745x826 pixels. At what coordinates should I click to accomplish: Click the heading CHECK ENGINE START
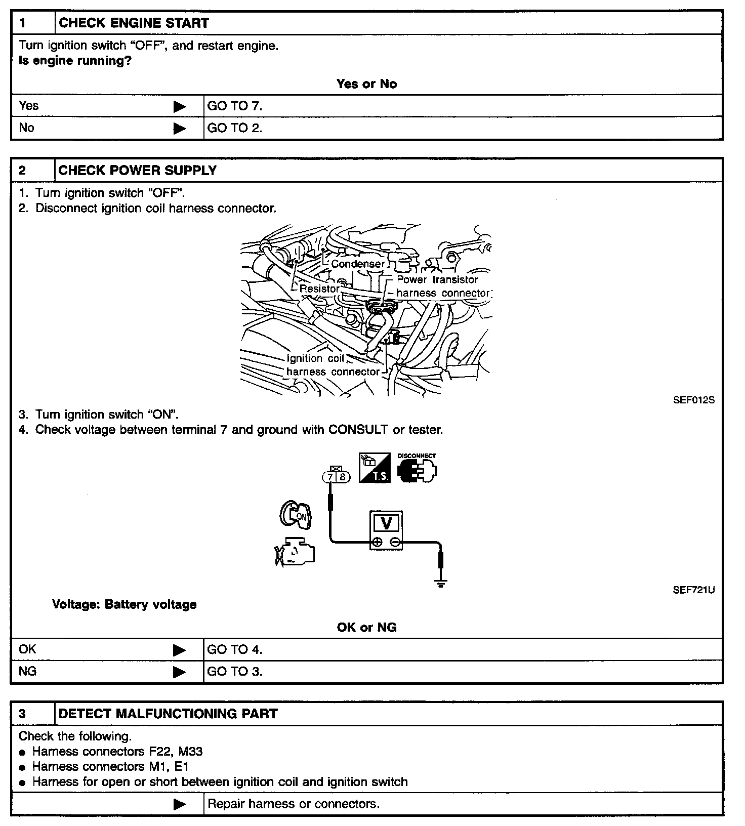pos(134,23)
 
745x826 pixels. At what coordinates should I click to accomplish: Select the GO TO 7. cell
pos(235,106)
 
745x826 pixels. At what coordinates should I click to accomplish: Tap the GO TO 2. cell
pos(235,128)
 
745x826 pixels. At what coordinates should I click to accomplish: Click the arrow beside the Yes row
pos(180,106)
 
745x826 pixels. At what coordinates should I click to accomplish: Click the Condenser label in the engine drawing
pos(358,264)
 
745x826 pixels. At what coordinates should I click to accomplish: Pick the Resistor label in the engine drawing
pos(319,288)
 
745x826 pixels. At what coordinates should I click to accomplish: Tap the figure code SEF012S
pos(693,400)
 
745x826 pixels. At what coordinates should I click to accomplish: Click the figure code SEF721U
pos(693,590)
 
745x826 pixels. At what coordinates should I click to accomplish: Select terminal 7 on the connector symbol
pos(330,477)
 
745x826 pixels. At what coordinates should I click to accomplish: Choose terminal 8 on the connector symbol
pos(342,477)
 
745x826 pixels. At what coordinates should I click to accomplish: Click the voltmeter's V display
pos(386,523)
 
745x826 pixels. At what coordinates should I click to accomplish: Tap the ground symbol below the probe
pos(441,584)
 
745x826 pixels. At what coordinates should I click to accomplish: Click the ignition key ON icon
pos(296,516)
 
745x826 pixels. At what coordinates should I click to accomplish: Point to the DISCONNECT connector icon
pos(417,469)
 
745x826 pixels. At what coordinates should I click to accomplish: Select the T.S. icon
pos(375,468)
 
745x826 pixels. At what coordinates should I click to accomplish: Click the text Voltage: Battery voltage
pos(125,604)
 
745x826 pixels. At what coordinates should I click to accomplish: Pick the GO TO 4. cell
pos(235,649)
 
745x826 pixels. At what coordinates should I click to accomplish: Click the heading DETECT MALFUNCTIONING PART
pos(168,714)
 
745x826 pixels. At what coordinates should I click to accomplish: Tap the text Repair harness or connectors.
pos(294,804)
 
